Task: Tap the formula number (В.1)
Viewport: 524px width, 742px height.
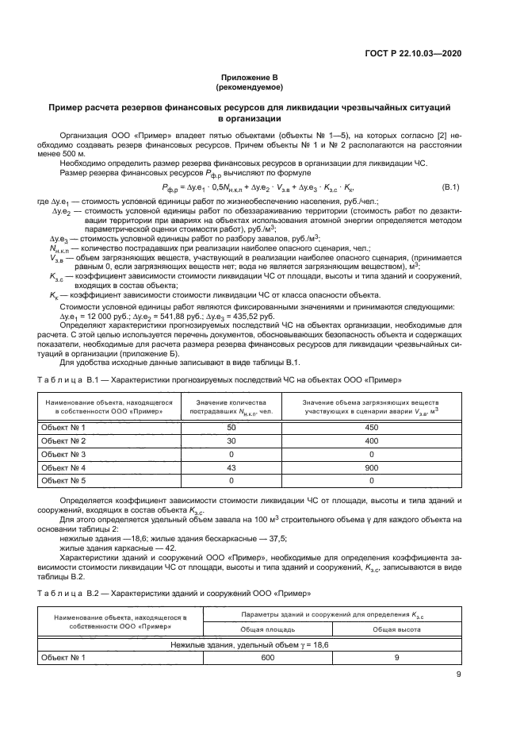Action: click(450, 208)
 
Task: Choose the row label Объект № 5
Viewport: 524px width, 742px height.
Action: click(63, 482)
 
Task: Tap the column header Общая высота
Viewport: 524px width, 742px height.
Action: click(396, 629)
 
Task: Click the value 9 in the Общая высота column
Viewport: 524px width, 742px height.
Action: click(396, 657)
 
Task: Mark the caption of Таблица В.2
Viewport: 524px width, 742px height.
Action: click(174, 593)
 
